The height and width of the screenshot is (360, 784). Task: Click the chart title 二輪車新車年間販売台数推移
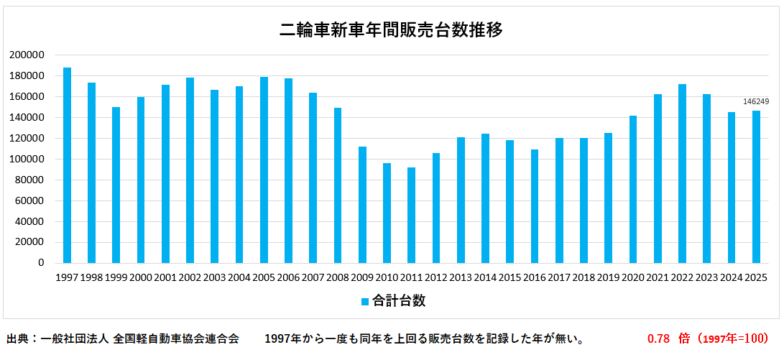391,30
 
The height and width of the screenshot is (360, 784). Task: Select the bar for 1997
67,165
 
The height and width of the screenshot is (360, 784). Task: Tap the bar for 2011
411,215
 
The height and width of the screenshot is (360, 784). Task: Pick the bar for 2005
264,170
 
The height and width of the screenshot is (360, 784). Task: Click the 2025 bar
756,187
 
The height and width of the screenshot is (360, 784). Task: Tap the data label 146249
756,102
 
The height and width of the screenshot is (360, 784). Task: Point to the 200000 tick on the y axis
28,55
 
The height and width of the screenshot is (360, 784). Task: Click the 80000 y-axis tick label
30,180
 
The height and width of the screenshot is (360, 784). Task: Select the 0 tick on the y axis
42,263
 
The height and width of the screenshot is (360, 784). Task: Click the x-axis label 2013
461,277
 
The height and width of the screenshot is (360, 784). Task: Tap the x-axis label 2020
633,277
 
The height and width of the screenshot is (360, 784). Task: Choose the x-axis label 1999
116,277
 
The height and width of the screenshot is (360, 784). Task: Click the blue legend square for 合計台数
365,302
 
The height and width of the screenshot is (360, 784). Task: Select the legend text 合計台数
399,301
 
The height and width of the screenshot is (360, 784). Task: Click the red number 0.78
658,338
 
